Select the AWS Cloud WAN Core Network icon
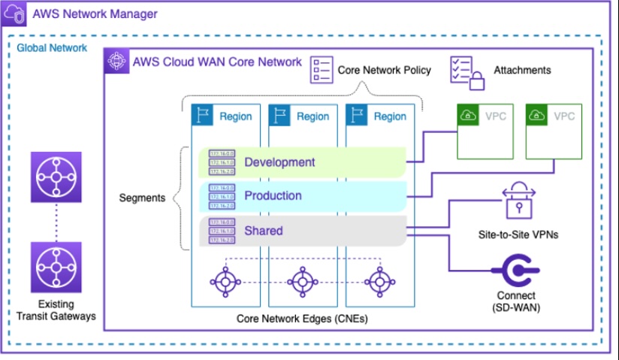coord(116,61)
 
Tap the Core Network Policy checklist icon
coord(322,69)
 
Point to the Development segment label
coord(279,162)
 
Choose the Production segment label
coord(273,196)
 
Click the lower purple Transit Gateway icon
coord(56,266)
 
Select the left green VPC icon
coord(468,116)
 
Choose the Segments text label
coord(143,198)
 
